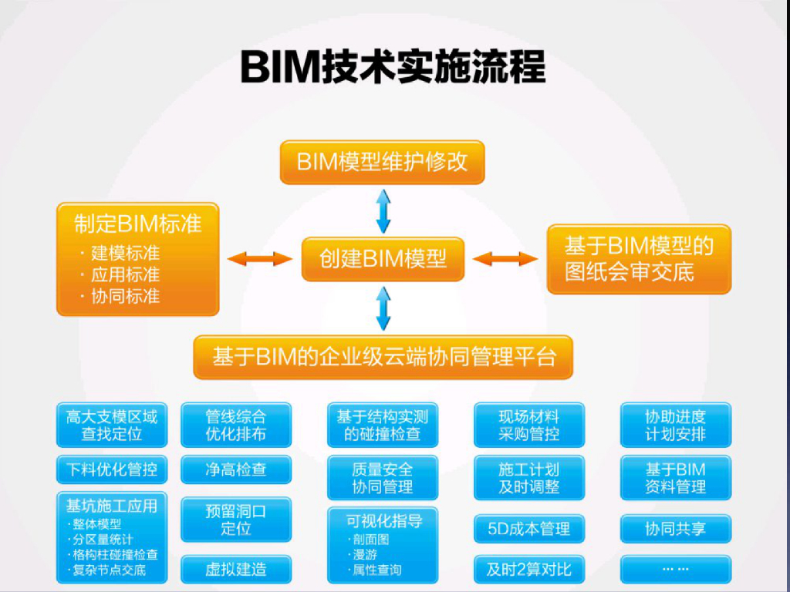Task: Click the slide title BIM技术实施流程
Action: click(x=393, y=67)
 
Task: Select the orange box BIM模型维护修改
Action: click(x=383, y=162)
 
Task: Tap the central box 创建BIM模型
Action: click(x=383, y=259)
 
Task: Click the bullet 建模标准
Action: click(x=121, y=253)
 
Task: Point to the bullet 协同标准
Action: click(x=121, y=296)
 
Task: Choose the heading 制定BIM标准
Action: click(x=137, y=224)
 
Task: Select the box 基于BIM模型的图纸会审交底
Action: click(x=639, y=259)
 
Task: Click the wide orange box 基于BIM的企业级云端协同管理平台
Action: click(x=383, y=357)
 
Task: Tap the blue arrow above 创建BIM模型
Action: click(x=383, y=211)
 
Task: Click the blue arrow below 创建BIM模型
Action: click(x=383, y=308)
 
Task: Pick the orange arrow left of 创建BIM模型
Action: click(x=260, y=259)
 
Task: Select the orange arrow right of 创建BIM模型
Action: click(x=505, y=259)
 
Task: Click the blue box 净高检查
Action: click(x=236, y=469)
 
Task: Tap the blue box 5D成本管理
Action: click(x=529, y=529)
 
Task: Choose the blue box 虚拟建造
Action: click(x=236, y=570)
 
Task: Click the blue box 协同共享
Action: click(x=676, y=529)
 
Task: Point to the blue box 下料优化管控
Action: click(x=112, y=469)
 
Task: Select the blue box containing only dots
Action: click(x=676, y=570)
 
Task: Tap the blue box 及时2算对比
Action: click(x=529, y=570)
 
